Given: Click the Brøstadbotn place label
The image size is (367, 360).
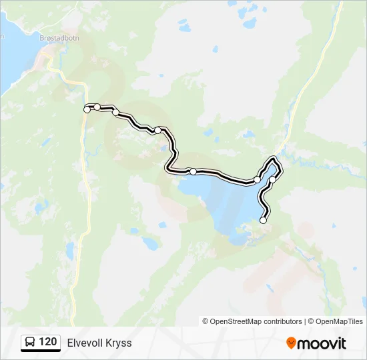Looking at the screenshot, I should (x=60, y=39).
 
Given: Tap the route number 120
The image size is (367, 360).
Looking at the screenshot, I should (x=47, y=342).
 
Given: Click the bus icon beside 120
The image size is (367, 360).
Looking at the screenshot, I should (x=30, y=343).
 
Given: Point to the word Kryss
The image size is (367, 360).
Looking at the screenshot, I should (x=119, y=343).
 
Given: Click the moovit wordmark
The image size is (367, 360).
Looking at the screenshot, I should (x=322, y=343).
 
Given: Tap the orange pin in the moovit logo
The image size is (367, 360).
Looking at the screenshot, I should (x=291, y=343).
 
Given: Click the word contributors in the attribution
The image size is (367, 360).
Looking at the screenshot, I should (x=283, y=321).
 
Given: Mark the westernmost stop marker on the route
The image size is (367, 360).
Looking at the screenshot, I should (x=87, y=109).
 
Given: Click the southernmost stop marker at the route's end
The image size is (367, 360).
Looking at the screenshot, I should (x=263, y=220).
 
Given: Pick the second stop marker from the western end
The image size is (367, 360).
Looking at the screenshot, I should (x=97, y=107).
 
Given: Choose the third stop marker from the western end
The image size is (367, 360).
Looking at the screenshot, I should (x=115, y=112).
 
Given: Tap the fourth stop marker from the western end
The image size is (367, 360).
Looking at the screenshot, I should (x=157, y=130).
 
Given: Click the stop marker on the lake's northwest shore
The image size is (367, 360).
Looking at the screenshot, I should (x=193, y=171).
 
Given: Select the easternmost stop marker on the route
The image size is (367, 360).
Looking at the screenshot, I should (x=272, y=179).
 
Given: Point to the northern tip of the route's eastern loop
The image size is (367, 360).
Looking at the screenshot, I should (x=272, y=159).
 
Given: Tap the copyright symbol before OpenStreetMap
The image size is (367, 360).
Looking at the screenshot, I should (x=206, y=321).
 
